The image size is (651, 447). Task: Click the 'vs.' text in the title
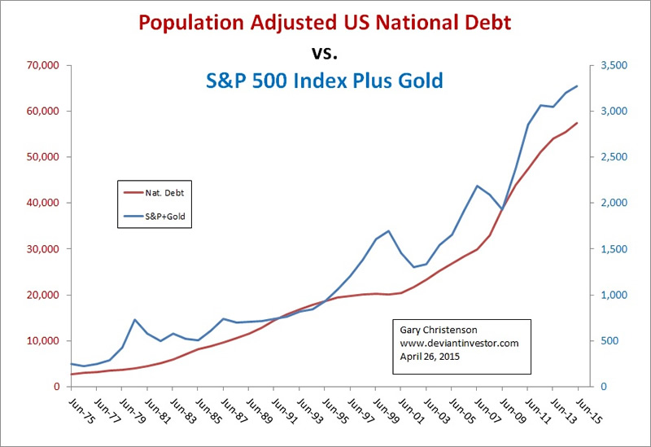325,53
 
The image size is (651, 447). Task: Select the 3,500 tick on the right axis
609,65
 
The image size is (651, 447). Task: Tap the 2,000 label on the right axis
609,203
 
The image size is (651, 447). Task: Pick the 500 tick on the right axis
605,341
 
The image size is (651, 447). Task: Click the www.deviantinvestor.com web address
459,344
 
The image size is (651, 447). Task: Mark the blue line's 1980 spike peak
135,320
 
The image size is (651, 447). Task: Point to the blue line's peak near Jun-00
389,231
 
